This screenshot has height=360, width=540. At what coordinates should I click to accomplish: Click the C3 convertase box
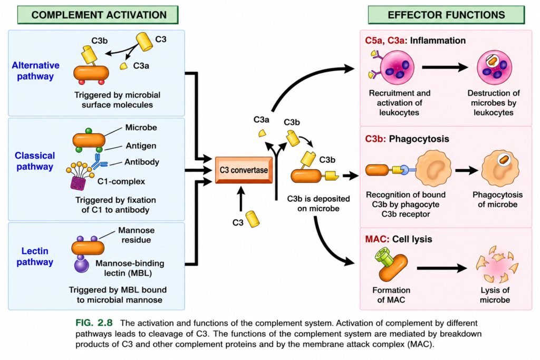point(244,170)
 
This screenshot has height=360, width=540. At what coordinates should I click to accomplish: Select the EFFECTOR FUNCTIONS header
point(446,15)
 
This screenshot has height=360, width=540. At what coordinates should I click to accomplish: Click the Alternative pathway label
point(35,71)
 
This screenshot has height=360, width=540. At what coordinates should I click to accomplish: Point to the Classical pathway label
point(35,161)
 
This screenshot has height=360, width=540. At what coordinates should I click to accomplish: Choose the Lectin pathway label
point(35,256)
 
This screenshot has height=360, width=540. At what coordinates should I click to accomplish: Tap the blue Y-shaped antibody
point(99,162)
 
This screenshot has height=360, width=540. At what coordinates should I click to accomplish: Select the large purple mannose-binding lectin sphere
point(82,265)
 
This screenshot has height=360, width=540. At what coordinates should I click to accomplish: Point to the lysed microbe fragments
point(497,264)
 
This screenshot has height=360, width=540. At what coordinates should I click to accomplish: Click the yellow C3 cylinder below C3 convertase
point(253,219)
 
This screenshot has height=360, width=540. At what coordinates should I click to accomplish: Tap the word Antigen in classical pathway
point(141,145)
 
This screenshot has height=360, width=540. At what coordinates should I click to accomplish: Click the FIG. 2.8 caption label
point(94,323)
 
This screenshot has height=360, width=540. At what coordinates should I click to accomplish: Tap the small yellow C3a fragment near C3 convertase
point(263,133)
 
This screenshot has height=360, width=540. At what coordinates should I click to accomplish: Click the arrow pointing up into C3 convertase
point(241,199)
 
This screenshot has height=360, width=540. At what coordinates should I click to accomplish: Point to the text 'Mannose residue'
point(137,235)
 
